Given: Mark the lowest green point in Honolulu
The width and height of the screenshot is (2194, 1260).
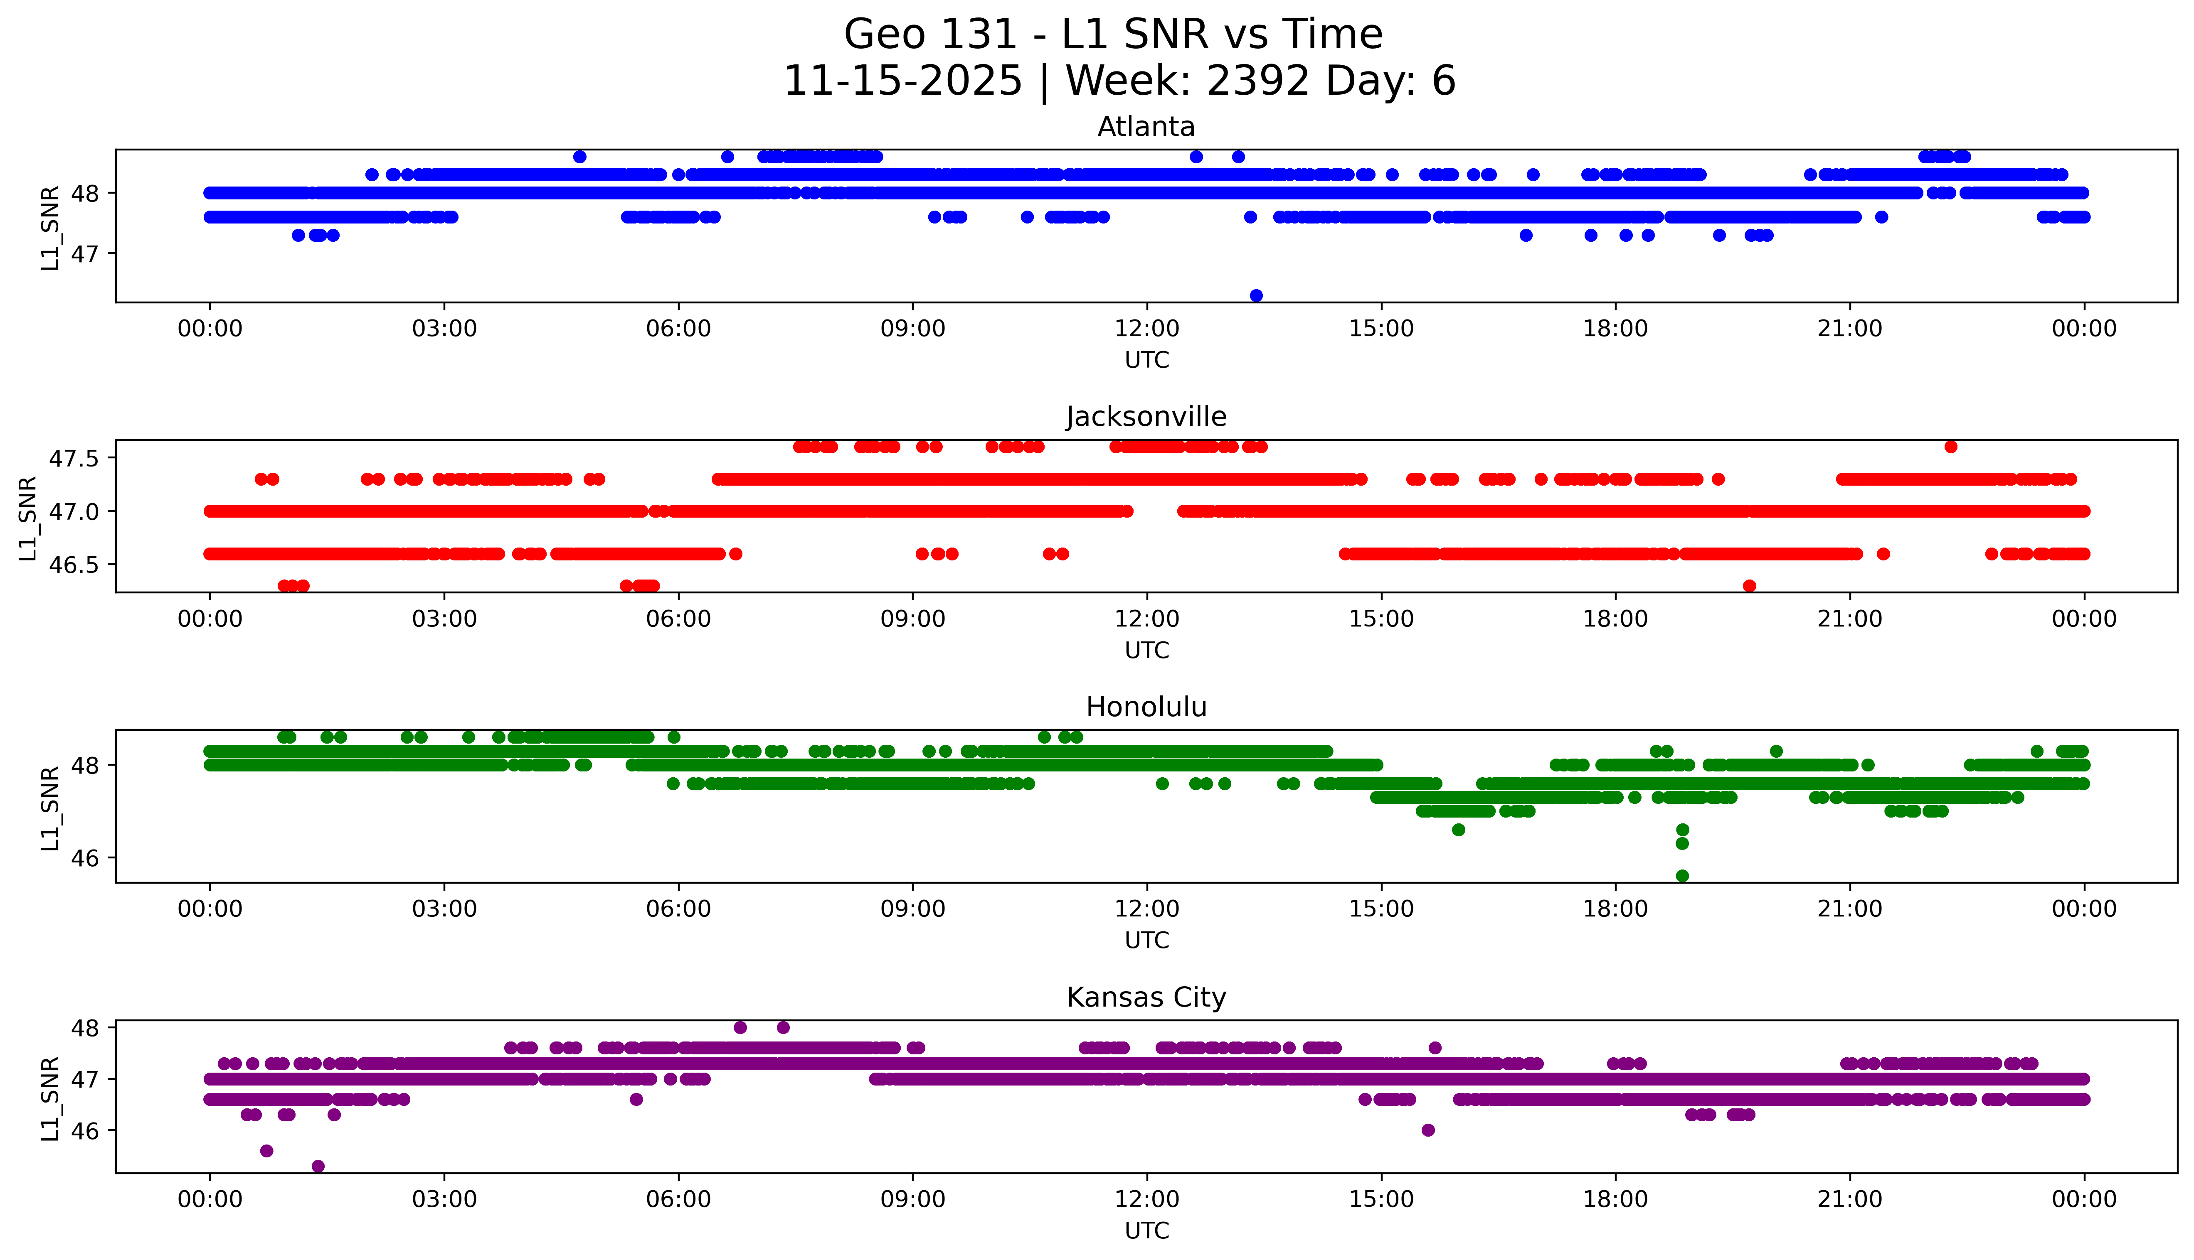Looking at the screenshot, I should pos(1682,876).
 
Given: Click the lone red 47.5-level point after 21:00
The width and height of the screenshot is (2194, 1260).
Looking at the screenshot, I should pos(1951,447).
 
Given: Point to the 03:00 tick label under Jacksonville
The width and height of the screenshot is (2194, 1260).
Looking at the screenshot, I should pos(444,619).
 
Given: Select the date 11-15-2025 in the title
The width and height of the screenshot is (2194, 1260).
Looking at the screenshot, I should pos(903,81).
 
